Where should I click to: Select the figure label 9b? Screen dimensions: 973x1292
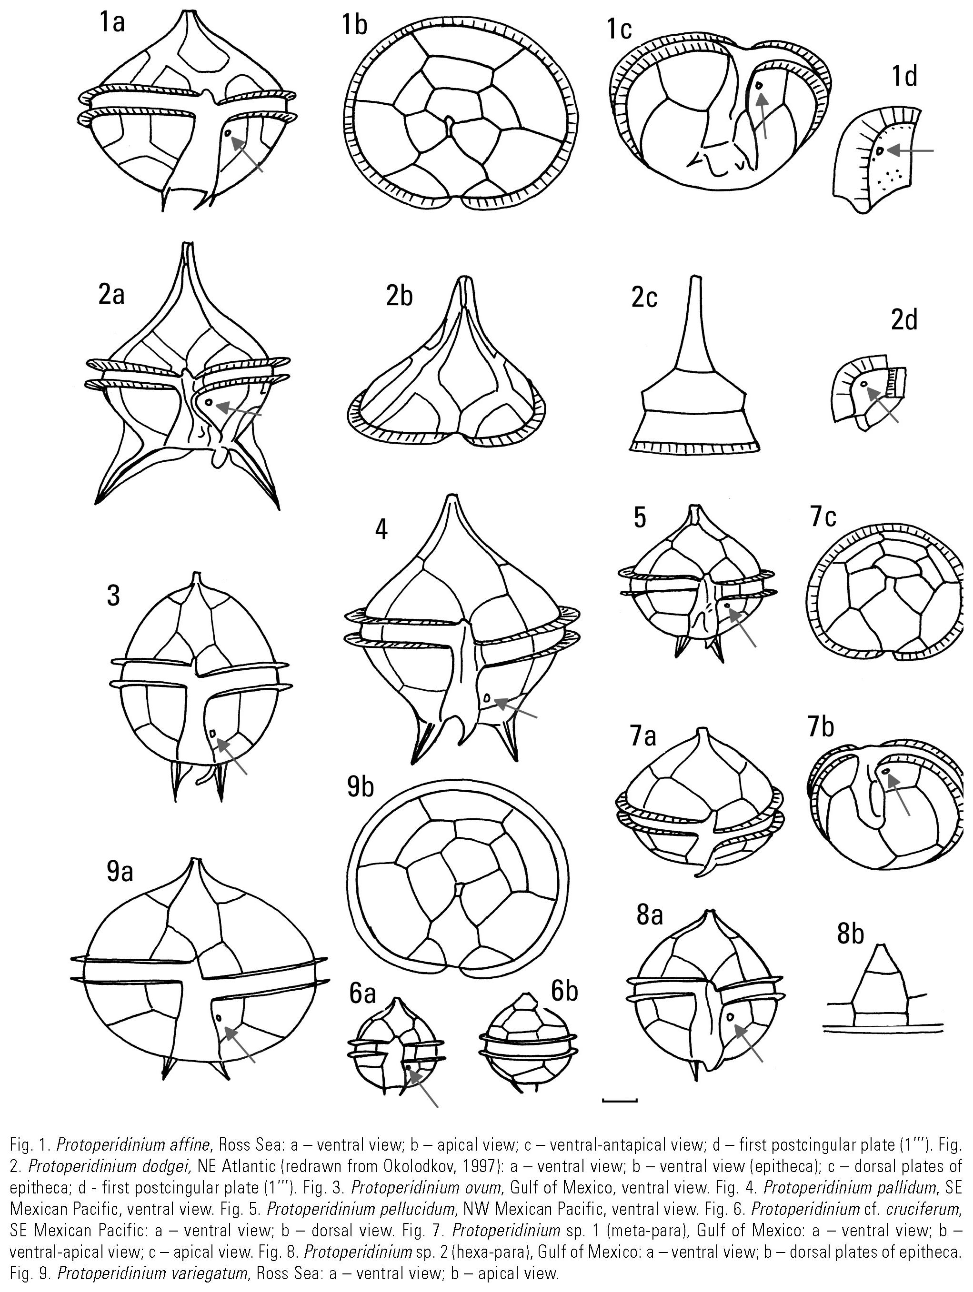click(x=360, y=787)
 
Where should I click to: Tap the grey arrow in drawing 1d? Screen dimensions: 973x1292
click(x=909, y=151)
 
